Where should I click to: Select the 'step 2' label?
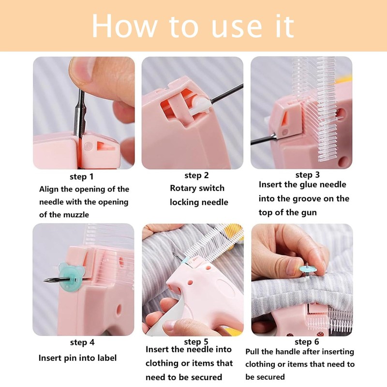pyautogui.click(x=196, y=175)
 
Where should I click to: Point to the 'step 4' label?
pyautogui.click(x=82, y=342)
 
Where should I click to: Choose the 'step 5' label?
pyautogui.click(x=196, y=342)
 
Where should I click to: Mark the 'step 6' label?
pyautogui.click(x=310, y=342)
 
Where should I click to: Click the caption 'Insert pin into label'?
pyautogui.click(x=78, y=358)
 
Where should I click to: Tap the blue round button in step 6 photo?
pyautogui.click(x=306, y=267)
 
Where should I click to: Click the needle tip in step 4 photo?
pyautogui.click(x=45, y=280)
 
